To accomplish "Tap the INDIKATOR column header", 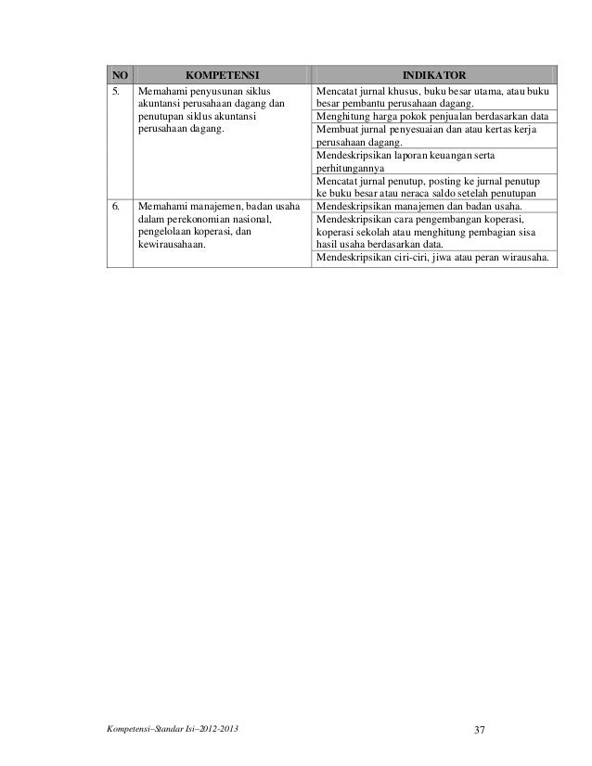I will [433, 75].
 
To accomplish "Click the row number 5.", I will [116, 93].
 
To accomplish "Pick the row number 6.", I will [116, 205].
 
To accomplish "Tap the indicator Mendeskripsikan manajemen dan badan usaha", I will [418, 205].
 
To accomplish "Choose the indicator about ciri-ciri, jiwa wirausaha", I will [432, 258].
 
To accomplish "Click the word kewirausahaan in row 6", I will [172, 245].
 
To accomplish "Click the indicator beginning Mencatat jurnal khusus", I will [433, 93].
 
